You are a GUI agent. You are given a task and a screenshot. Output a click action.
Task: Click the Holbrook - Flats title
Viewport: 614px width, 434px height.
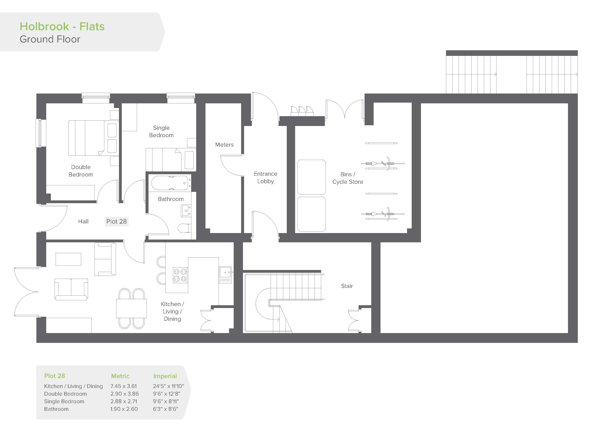point(62,27)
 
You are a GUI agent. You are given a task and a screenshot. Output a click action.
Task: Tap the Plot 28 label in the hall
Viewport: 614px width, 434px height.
point(117,221)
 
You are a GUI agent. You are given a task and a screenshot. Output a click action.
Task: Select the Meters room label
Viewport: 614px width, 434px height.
point(224,145)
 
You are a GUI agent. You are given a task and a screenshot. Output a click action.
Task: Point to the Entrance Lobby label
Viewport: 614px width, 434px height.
point(266,178)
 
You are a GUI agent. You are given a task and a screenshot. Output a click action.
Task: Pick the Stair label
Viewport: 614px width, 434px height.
point(347,286)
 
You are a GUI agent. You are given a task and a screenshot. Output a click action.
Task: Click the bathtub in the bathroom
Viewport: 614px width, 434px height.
point(170,183)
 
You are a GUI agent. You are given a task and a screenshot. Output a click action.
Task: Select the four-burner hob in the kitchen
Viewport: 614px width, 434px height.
point(180,275)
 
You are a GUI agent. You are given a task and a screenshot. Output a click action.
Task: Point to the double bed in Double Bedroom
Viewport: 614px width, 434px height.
point(94,138)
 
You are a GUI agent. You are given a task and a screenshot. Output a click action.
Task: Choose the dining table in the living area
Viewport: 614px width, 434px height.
point(131,309)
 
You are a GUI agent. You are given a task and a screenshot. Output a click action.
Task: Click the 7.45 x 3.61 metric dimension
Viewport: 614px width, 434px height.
point(124,386)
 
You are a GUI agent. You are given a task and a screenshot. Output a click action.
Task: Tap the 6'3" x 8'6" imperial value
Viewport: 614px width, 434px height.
point(166,409)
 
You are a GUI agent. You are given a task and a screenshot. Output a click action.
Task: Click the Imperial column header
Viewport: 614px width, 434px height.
point(165,376)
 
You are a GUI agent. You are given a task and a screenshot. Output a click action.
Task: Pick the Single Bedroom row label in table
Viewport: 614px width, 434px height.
point(64,401)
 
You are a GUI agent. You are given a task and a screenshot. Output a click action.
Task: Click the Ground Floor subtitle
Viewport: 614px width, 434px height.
point(50,39)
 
